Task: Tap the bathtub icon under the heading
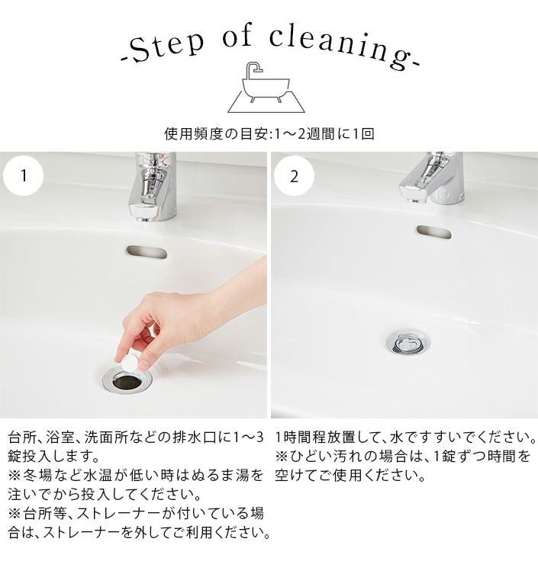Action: click(266, 88)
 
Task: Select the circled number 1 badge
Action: click(24, 175)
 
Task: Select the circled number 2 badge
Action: click(294, 176)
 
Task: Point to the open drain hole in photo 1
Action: click(127, 382)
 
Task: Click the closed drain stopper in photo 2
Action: click(408, 343)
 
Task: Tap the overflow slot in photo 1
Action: click(147, 252)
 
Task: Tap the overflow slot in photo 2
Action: click(433, 232)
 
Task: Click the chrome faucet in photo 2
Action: click(432, 178)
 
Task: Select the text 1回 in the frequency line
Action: click(363, 134)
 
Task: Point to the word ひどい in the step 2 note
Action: click(312, 457)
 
